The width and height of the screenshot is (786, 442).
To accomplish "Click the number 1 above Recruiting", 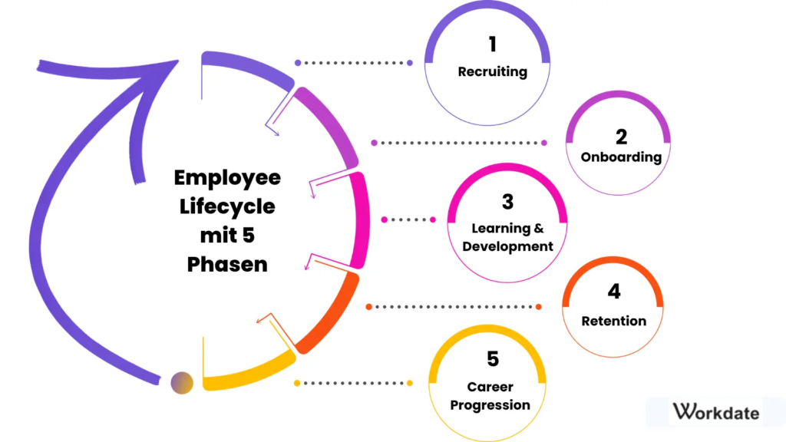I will pos(492,45).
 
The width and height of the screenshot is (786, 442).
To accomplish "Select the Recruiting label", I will pos(492,72).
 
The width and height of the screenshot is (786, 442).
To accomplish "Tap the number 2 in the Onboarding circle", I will pos(621,137).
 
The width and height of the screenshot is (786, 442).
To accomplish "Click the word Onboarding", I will pos(621,157).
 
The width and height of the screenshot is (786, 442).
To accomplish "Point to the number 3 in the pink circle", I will pos(507,202).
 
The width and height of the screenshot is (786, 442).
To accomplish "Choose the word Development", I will pos(507,247).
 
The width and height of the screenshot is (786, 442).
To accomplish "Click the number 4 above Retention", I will pos(613,292).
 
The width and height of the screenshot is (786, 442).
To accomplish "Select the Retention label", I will pos(613,321).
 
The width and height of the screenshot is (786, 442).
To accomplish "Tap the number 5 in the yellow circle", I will pos(492,358).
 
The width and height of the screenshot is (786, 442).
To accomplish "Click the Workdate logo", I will pos(715,412).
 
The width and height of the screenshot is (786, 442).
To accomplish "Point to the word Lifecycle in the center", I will pos(227,207).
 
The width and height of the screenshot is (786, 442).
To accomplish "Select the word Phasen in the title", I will pos(227,264).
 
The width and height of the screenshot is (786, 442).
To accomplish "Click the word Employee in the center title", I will pos(227,178).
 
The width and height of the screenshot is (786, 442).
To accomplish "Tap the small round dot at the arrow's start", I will pos(182,381).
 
